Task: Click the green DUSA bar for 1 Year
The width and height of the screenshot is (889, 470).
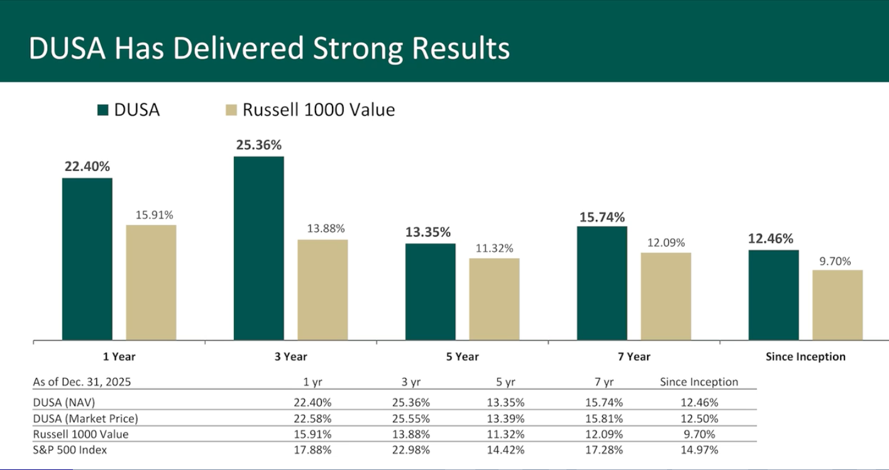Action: click(87, 259)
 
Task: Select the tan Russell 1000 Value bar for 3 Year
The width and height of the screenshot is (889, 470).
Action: click(323, 290)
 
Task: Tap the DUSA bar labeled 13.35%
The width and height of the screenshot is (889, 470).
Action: click(430, 292)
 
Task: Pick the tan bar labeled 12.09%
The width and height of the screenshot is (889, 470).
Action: click(666, 296)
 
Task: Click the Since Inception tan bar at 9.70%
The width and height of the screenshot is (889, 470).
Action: click(837, 305)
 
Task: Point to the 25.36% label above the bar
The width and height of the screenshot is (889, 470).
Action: click(258, 145)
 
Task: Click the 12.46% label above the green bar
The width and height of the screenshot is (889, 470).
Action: click(770, 239)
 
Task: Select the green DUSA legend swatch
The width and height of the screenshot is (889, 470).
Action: click(103, 111)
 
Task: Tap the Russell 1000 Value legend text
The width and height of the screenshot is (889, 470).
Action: click(319, 110)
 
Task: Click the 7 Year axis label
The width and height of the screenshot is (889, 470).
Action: click(634, 357)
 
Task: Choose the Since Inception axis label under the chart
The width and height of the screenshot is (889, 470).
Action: click(805, 357)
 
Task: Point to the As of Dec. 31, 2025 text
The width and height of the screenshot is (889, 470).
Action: click(82, 382)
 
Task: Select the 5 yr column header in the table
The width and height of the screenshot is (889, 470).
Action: click(505, 382)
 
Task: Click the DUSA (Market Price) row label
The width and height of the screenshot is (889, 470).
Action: click(86, 418)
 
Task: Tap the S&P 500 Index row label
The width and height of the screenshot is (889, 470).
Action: click(70, 450)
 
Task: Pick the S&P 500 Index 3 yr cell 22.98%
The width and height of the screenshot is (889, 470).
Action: click(411, 450)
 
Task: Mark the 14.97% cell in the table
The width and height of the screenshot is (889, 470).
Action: click(699, 450)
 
